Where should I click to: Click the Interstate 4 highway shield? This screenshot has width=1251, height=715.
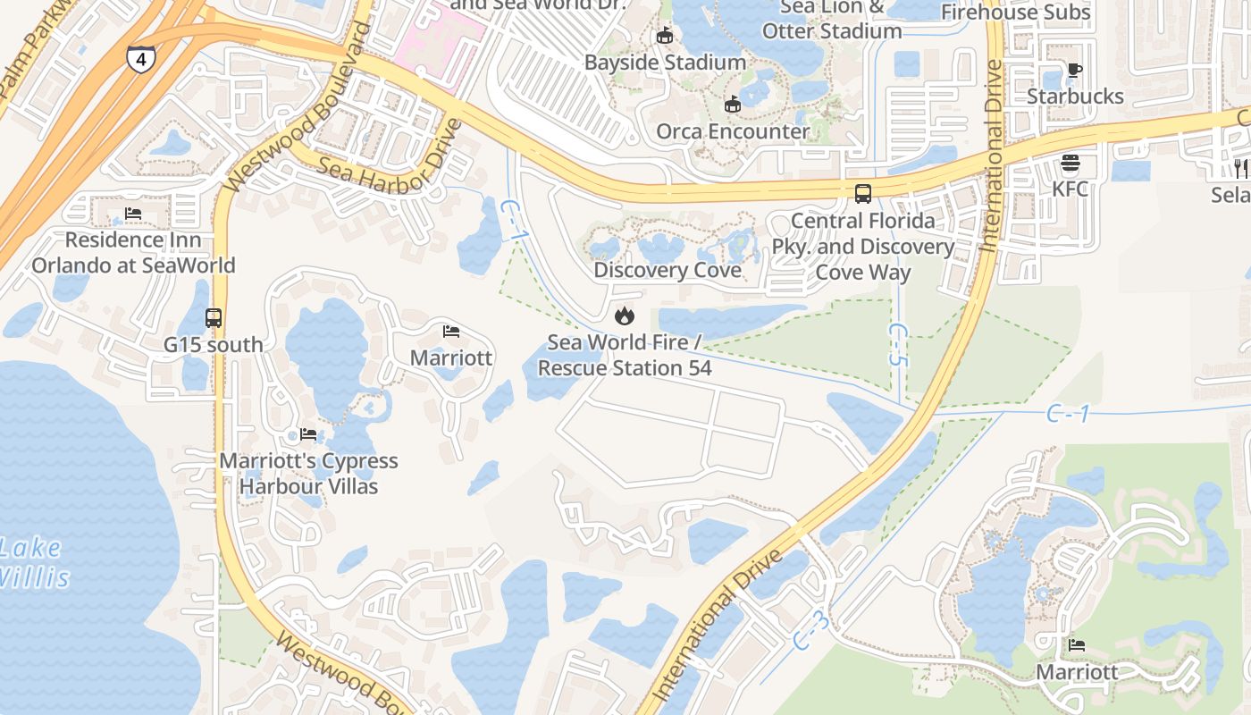140,59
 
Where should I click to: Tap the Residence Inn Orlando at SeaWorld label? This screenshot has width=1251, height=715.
133,253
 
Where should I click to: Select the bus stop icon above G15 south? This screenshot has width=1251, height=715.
214,318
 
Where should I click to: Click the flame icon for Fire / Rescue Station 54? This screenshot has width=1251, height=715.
624,315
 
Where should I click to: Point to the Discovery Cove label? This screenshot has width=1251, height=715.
667,270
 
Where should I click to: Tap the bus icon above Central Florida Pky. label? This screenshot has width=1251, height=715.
863,194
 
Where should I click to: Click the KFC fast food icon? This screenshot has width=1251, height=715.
1070,164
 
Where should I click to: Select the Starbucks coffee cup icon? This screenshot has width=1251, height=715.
1075,70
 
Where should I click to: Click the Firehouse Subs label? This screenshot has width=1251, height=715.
1016,13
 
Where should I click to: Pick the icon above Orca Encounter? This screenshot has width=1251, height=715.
733,105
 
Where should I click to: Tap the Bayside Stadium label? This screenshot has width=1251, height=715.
665,63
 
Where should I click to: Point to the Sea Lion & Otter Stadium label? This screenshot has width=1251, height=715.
831,20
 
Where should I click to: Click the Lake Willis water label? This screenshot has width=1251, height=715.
33,562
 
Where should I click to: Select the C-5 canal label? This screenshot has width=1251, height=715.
898,344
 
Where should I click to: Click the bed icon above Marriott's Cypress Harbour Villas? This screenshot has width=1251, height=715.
308,434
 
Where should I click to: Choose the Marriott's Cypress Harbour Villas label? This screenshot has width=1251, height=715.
309,474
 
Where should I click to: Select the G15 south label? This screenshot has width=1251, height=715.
214,344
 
